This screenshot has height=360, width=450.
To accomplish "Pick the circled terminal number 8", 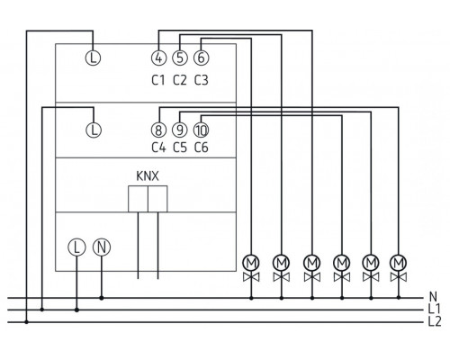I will coord(158,130).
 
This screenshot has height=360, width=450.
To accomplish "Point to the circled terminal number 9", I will coord(179,130).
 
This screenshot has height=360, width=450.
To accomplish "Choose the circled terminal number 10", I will coord(200,130).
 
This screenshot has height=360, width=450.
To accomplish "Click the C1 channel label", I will coord(158,81).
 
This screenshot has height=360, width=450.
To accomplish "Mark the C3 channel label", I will coord(201,81).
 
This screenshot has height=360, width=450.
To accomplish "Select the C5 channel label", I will coord(179,150).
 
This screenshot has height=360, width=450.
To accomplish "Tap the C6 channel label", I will coord(201,150).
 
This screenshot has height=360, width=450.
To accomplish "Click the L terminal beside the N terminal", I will coord(76,246).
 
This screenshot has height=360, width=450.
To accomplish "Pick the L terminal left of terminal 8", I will coord(95,130).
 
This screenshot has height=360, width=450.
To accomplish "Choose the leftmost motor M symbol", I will coord(251,262).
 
